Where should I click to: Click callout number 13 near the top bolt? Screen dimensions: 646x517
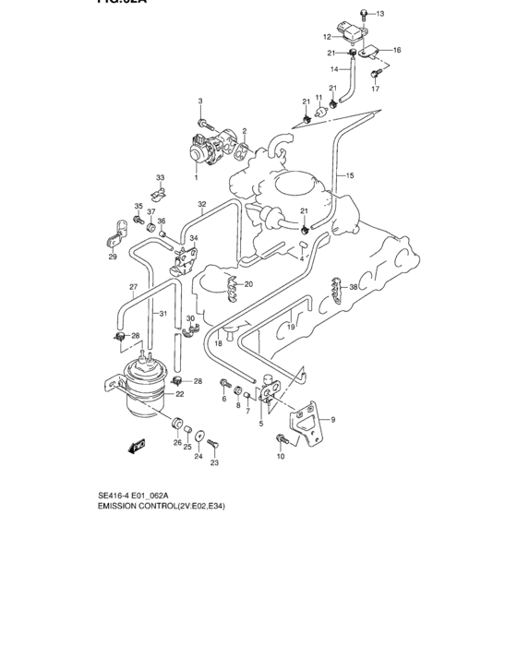[380, 13]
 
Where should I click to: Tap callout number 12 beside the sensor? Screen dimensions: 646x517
[327, 37]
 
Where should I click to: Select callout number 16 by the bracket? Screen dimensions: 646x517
[397, 50]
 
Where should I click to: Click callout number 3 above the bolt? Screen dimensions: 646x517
[198, 100]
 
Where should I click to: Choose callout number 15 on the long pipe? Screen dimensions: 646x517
[350, 174]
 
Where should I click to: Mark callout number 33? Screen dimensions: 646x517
[160, 177]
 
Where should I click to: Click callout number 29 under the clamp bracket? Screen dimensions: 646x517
[113, 257]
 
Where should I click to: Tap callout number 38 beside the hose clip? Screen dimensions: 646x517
[353, 288]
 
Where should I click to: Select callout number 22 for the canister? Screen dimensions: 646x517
[180, 394]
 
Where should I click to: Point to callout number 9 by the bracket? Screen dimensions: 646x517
[333, 420]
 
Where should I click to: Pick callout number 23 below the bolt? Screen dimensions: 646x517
[214, 463]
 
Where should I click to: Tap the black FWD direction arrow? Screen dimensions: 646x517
[138, 448]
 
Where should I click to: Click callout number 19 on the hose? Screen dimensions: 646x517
[290, 327]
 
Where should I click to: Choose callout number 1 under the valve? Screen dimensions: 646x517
[196, 176]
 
